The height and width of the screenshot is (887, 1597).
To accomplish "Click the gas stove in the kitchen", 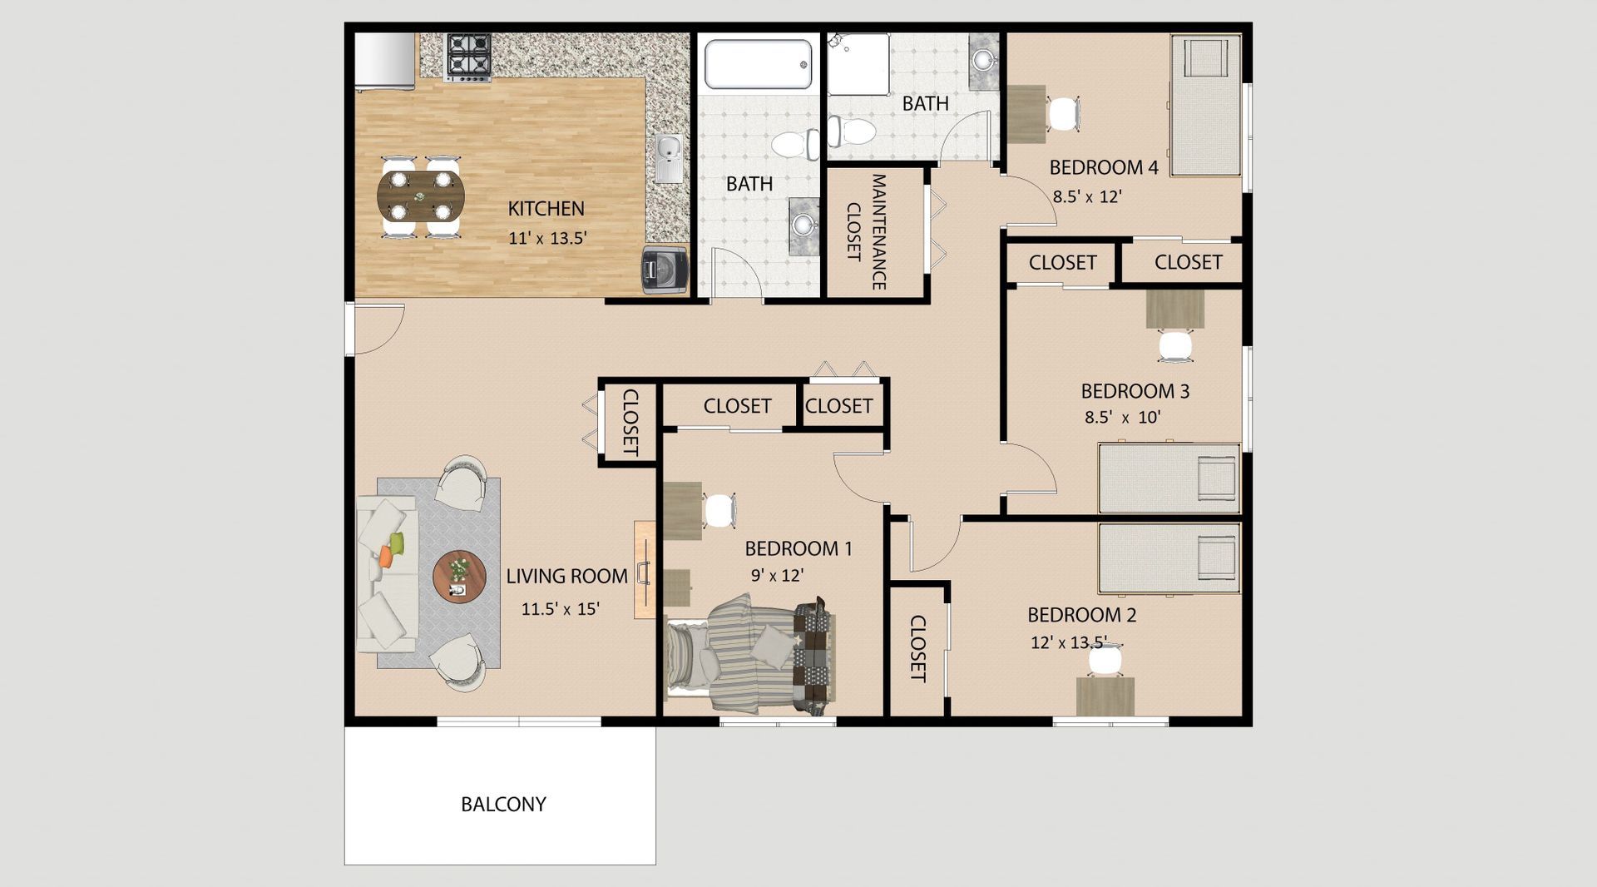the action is tap(468, 57).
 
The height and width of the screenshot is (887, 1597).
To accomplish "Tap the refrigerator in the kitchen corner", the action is tap(384, 61).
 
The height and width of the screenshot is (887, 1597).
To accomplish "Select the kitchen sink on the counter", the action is tap(668, 158).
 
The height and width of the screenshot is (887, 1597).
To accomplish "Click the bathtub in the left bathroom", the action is tap(758, 64).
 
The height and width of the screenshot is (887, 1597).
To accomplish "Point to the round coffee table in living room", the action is tap(459, 576).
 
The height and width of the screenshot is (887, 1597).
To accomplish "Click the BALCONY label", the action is tap(503, 805).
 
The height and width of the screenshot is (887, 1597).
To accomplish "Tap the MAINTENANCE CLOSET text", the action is tap(866, 231).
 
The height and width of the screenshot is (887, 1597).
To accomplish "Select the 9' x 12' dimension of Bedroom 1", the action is tap(777, 575).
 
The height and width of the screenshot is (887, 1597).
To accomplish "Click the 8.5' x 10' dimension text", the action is tap(1122, 418).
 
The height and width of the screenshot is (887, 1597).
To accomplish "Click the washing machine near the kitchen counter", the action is tap(665, 270).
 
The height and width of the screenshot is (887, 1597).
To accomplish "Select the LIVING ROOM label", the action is tap(567, 576).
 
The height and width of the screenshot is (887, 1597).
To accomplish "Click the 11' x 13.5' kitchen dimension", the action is tap(547, 238).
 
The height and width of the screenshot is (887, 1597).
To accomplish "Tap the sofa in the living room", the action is tap(386, 574).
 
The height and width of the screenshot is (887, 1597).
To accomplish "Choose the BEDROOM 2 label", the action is tap(1081, 615).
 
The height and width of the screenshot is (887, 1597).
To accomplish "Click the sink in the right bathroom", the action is tap(984, 61).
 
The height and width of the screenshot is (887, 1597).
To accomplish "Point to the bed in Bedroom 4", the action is tap(1205, 105).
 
